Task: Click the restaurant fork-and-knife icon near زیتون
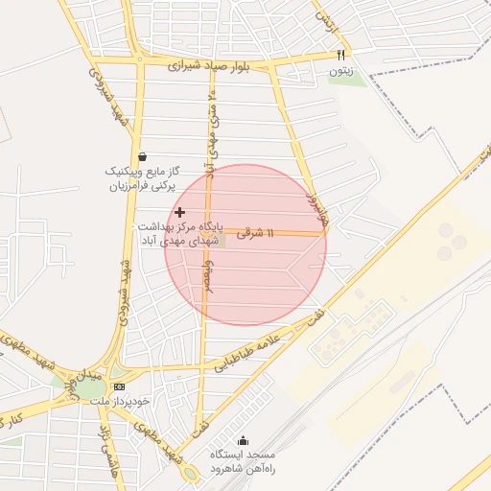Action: (x=340, y=55)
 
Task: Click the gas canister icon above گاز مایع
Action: (x=143, y=155)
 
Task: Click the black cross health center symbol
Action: (x=179, y=212)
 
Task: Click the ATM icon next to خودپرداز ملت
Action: (x=119, y=387)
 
